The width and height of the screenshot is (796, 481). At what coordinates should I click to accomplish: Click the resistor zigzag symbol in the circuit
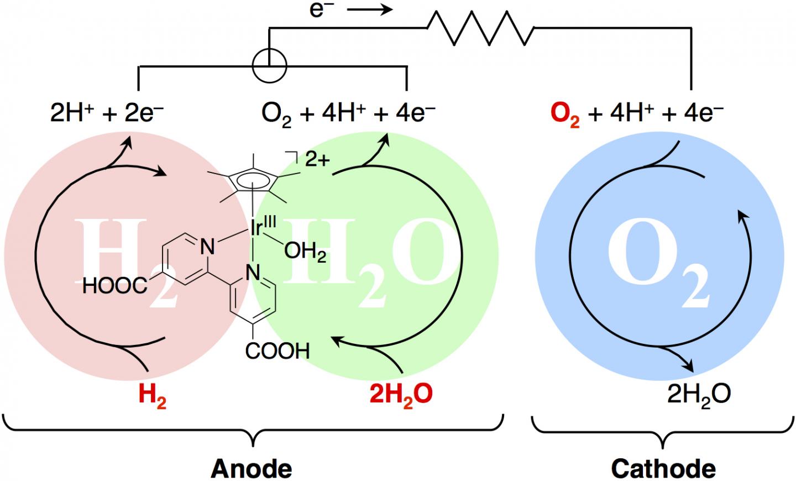pyautogui.click(x=480, y=28)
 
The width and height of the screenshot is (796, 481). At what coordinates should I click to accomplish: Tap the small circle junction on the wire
pyautogui.click(x=269, y=66)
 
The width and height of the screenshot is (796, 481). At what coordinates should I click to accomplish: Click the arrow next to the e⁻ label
pyautogui.click(x=370, y=9)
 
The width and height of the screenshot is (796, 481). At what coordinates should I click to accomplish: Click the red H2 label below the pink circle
pyautogui.click(x=153, y=396)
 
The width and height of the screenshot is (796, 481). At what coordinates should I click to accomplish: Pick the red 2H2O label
pyautogui.click(x=401, y=396)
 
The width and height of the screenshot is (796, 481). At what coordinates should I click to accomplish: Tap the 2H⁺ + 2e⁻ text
pyautogui.click(x=107, y=113)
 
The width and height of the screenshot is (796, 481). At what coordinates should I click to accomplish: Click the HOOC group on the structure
pyautogui.click(x=115, y=286)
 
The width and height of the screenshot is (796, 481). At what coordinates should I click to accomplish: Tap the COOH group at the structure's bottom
pyautogui.click(x=277, y=351)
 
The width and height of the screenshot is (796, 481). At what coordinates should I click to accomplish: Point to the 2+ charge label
pyautogui.click(x=317, y=160)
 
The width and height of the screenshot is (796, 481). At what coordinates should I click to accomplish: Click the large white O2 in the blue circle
pyautogui.click(x=658, y=263)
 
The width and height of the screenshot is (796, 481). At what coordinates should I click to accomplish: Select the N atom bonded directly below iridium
pyautogui.click(x=253, y=273)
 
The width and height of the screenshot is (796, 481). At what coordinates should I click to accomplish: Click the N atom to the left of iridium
pyautogui.click(x=208, y=247)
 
